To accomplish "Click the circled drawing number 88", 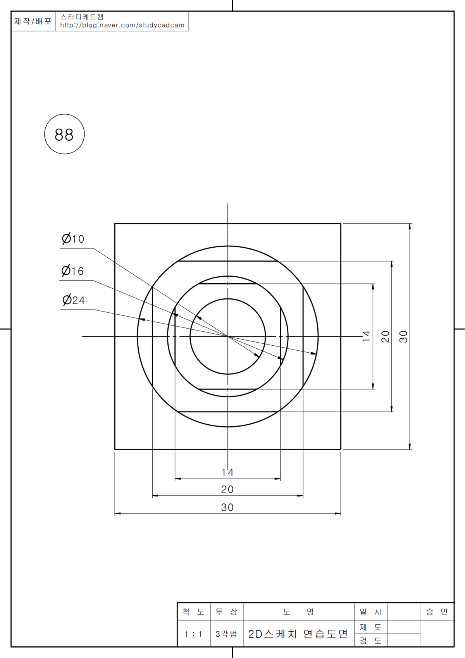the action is tap(64, 134).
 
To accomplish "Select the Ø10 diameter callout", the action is tap(73, 238).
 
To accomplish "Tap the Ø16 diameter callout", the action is tap(72, 270).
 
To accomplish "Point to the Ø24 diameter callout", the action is tap(74, 300).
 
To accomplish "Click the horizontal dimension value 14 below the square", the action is tap(227, 472).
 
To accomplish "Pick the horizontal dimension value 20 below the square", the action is tap(227, 489).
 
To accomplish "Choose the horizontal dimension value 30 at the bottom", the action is tap(227, 507).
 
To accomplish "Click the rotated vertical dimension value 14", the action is tap(366, 336).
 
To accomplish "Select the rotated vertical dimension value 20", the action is tap(385, 337).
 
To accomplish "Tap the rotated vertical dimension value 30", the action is tap(403, 337).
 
